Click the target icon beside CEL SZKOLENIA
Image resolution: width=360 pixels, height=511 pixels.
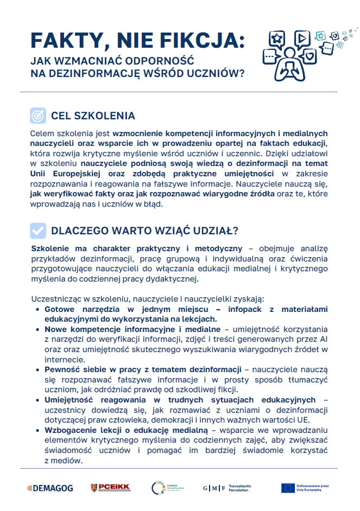(x=37, y=116)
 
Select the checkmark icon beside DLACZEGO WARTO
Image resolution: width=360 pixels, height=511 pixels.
(x=37, y=231)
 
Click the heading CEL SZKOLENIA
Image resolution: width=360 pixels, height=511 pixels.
(x=93, y=116)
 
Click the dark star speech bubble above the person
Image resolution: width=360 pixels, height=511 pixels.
(x=277, y=39)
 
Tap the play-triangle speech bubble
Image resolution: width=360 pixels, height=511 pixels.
(x=301, y=37)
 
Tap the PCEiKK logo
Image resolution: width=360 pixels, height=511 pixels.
(x=110, y=488)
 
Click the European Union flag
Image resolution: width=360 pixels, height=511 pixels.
(x=288, y=488)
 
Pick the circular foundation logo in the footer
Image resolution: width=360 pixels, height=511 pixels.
(x=157, y=488)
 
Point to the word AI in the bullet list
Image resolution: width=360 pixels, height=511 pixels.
(x=323, y=339)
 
